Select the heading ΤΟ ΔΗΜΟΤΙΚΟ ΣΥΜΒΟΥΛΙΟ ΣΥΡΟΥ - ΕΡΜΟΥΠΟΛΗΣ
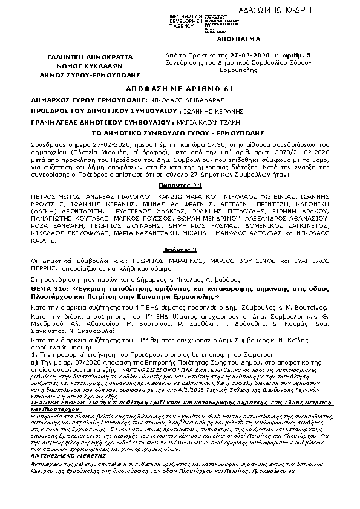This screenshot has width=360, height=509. click(179, 131)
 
